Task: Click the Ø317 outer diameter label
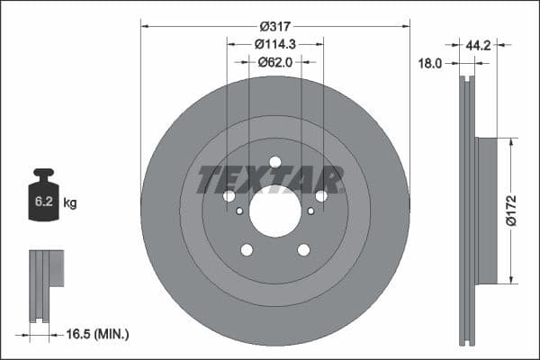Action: pos(274,27)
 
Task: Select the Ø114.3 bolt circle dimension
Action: pos(274,44)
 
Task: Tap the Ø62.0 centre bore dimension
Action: pos(274,62)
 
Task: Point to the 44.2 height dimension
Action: pos(477,43)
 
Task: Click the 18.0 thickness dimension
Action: pos(432,64)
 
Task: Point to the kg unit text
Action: pos(70,203)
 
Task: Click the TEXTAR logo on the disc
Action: pos(270,179)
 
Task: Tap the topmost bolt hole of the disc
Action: pos(274,162)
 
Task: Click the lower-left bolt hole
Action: pos(246,250)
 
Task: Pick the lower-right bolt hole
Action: pos(303,250)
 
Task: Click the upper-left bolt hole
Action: pos(229,196)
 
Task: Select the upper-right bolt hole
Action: pos(321,196)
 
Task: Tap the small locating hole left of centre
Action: pos(239,211)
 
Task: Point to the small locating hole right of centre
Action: pos(310,211)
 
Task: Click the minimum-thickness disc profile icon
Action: pos(45,284)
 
